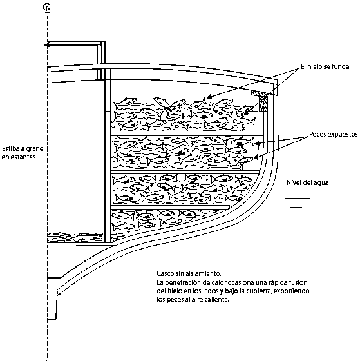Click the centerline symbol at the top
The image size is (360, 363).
pyautogui.click(x=47, y=8)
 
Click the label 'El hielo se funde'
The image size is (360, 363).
pyautogui.click(x=325, y=66)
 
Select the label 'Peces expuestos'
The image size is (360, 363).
pyautogui.click(x=334, y=134)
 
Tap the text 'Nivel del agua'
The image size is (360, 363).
pyautogui.click(x=308, y=182)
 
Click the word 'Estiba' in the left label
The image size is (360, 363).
pyautogui.click(x=10, y=148)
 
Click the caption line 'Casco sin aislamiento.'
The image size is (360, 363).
pyautogui.click(x=189, y=273)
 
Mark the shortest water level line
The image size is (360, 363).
pyautogui.click(x=296, y=207)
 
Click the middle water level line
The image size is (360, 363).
pyautogui.click(x=298, y=198)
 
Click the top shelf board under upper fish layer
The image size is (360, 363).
pyautogui.click(x=187, y=134)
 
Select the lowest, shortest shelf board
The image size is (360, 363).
pyautogui.click(x=171, y=206)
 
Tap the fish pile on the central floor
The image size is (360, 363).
pyautogui.click(x=75, y=237)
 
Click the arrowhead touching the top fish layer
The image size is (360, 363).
pyautogui.click(x=208, y=97)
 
